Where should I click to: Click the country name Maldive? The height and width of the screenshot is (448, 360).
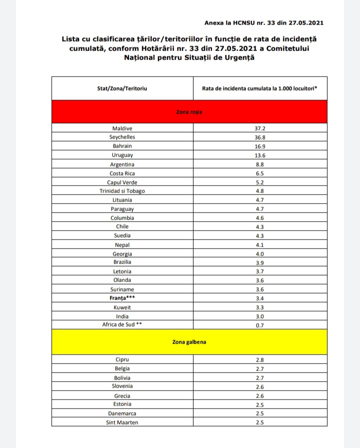pyautogui.click(x=122, y=128)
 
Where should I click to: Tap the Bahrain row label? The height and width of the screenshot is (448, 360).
pyautogui.click(x=122, y=146)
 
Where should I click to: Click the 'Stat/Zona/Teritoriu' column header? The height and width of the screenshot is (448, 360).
pyautogui.click(x=122, y=88)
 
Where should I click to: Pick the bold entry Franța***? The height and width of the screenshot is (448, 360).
pyautogui.click(x=122, y=298)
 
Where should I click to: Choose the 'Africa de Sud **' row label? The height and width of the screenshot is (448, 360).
pyautogui.click(x=122, y=325)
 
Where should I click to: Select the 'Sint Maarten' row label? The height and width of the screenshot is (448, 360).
pyautogui.click(x=122, y=422)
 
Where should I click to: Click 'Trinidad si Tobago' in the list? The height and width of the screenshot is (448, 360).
pyautogui.click(x=122, y=191)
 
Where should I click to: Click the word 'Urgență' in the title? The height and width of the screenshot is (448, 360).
pyautogui.click(x=237, y=58)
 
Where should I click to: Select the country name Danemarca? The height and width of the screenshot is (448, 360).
pyautogui.click(x=122, y=413)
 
